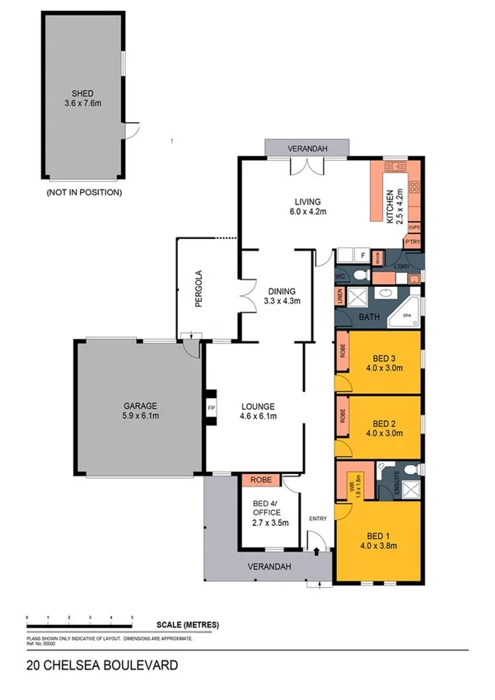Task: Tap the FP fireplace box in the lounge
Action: tap(211, 406)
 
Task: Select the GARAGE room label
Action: tap(141, 411)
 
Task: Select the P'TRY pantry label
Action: tap(412, 242)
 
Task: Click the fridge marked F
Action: tap(362, 256)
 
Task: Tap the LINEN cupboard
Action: tap(339, 296)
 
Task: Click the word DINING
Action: tap(282, 290)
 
